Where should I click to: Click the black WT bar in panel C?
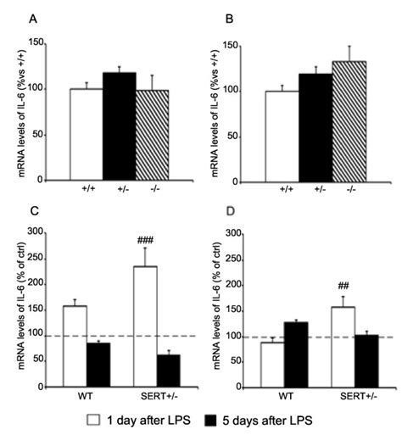98,360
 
